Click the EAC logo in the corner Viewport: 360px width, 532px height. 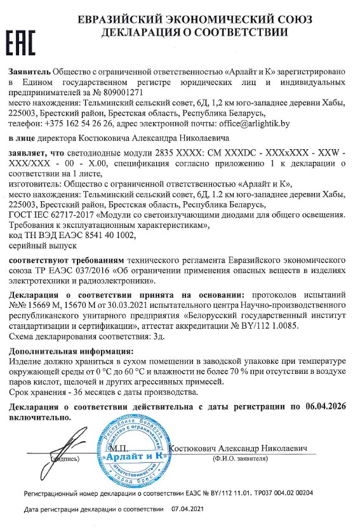pyautogui.click(x=22, y=39)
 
